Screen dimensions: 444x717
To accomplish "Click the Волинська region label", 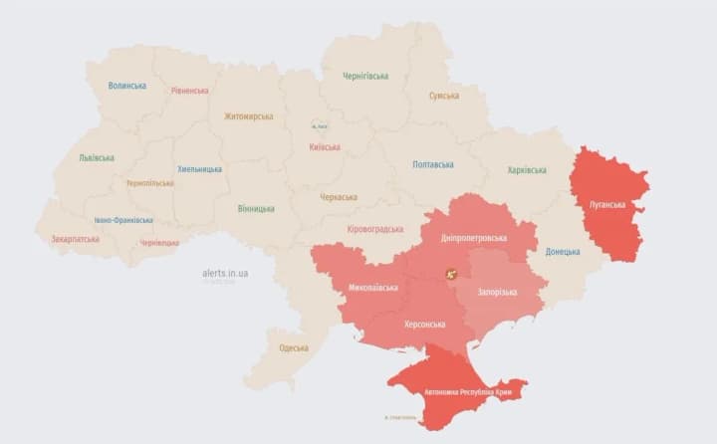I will pyautogui.click(x=126, y=86).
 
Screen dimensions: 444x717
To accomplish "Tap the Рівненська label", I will pyautogui.click(x=189, y=91).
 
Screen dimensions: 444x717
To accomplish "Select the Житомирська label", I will pyautogui.click(x=248, y=116).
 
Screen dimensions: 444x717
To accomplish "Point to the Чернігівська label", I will pyautogui.click(x=365, y=76).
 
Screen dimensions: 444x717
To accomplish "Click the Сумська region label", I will pyautogui.click(x=444, y=96).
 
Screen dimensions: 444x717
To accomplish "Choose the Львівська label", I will pyautogui.click(x=97, y=157).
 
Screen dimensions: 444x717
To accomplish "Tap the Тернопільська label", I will pyautogui.click(x=149, y=183).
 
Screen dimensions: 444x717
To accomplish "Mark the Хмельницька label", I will pyautogui.click(x=199, y=169).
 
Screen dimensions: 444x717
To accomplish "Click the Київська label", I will pyautogui.click(x=325, y=147).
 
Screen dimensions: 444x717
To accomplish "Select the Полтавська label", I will pyautogui.click(x=433, y=164).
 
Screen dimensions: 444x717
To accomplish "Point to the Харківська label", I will pyautogui.click(x=527, y=170).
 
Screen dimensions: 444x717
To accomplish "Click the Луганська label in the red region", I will pyautogui.click(x=607, y=205).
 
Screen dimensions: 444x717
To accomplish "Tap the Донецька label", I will pyautogui.click(x=563, y=252).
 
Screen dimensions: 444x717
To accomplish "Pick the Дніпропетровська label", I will pyautogui.click(x=475, y=238).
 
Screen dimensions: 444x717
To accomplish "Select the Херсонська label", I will pyautogui.click(x=402, y=325).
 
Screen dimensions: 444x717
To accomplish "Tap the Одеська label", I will pyautogui.click(x=294, y=347).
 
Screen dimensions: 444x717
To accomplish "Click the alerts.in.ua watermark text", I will pyautogui.click(x=225, y=272).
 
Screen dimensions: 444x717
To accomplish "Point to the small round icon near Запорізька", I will pyautogui.click(x=451, y=273).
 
